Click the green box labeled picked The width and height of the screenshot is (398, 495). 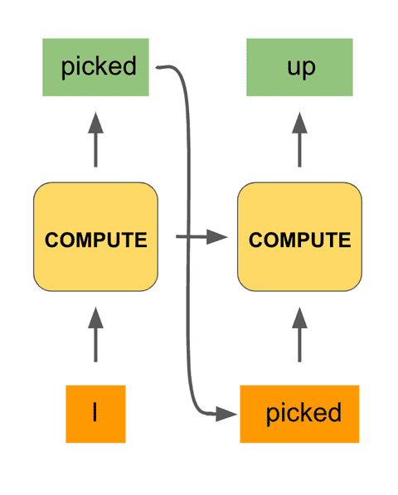tap(95, 67)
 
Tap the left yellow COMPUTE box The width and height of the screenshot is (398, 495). tap(95, 240)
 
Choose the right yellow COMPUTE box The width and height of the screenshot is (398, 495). tap(299, 240)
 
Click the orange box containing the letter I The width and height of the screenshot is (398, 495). tap(95, 413)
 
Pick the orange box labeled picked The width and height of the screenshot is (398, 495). tap(299, 413)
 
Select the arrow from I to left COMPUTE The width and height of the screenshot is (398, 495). tap(95, 336)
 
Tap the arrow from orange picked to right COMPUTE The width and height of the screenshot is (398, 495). tap(299, 336)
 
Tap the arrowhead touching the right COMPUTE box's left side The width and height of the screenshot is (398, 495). tap(219, 238)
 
